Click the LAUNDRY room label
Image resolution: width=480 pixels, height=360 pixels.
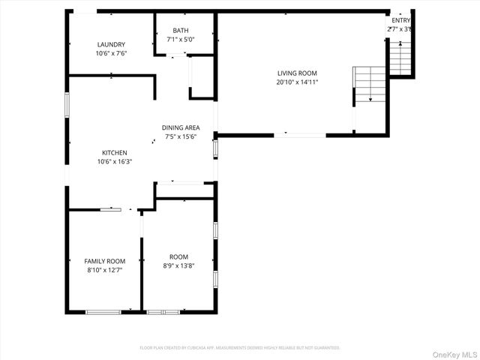111,44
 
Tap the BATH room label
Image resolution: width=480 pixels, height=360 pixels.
181,31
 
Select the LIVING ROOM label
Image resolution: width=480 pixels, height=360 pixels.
298,73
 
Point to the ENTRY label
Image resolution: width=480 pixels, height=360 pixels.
400,20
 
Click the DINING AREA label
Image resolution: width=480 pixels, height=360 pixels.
180,127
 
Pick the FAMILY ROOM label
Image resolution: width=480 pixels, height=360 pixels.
104,260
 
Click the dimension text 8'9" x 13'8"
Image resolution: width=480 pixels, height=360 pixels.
178,265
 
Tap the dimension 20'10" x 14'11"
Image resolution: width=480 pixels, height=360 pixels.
298,82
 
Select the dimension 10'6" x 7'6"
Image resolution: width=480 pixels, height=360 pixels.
111,53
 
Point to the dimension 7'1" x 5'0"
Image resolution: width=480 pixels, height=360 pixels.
181,40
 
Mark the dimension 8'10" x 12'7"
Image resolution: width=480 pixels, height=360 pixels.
104,269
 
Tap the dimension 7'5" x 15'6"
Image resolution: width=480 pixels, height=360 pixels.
180,136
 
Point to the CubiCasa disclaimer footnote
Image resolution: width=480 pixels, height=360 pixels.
240,348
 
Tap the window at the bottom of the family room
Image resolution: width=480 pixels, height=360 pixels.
103,311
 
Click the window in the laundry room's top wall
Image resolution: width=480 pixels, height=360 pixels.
85,11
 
